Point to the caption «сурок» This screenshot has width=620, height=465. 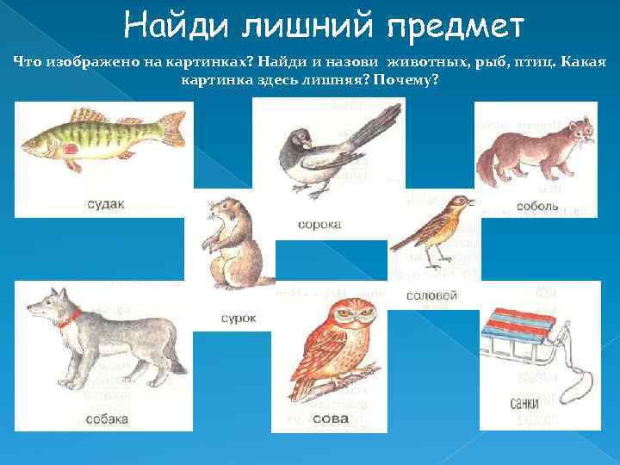point(239,318)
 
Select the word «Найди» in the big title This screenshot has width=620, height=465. point(177,27)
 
